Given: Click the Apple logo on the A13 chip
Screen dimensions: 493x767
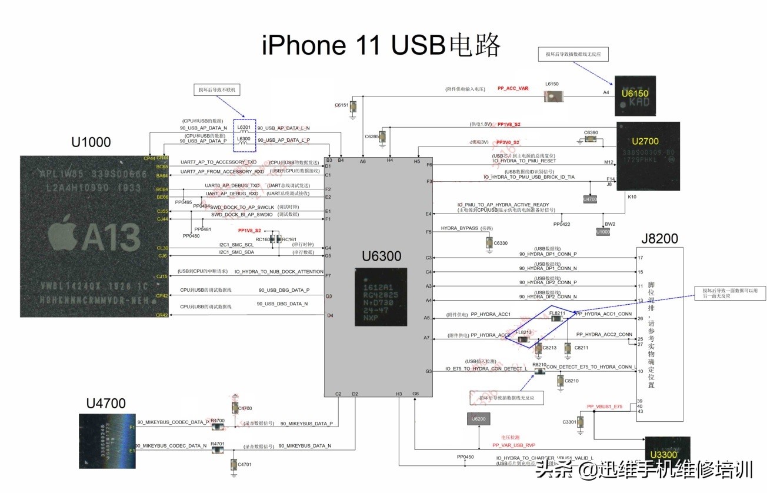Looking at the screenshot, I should tap(64, 231).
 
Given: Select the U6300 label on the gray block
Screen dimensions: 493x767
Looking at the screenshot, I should tap(381, 256).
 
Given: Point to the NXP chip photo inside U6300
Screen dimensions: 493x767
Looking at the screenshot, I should tap(381, 297).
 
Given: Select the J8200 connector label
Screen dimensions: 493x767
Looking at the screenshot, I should tap(659, 238).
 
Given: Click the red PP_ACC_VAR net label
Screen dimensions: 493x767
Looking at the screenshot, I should tap(513, 88).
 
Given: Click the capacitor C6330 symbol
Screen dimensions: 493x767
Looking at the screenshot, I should tap(489, 242).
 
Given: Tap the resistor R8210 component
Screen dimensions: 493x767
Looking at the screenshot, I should tap(539, 371).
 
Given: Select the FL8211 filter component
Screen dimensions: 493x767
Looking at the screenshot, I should tap(556, 319).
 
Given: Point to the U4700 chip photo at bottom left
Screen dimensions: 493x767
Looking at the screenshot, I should tap(107, 441).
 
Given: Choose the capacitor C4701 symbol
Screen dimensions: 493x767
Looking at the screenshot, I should tap(234, 464).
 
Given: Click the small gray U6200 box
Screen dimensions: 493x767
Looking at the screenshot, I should tap(479, 418).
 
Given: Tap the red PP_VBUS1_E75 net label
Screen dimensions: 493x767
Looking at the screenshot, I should tap(605, 407).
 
